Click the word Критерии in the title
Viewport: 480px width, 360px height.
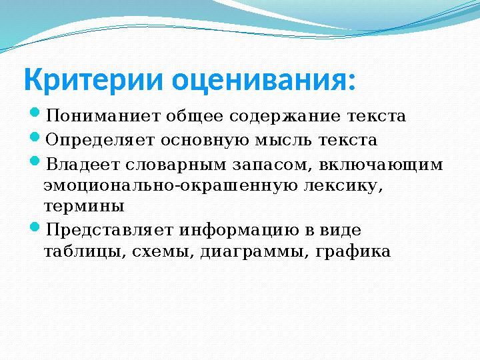point(93,79)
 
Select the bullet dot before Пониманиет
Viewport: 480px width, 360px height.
point(35,112)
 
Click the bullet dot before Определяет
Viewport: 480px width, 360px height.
point(35,137)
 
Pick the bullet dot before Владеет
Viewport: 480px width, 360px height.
point(35,161)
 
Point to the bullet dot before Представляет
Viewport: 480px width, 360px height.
point(35,227)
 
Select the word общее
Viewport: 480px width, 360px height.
point(195,116)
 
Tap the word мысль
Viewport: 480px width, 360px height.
point(283,141)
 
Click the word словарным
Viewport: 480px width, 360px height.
point(176,165)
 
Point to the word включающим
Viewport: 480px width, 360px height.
point(381,165)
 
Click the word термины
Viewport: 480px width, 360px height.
point(84,207)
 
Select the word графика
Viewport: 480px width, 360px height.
point(353,252)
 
